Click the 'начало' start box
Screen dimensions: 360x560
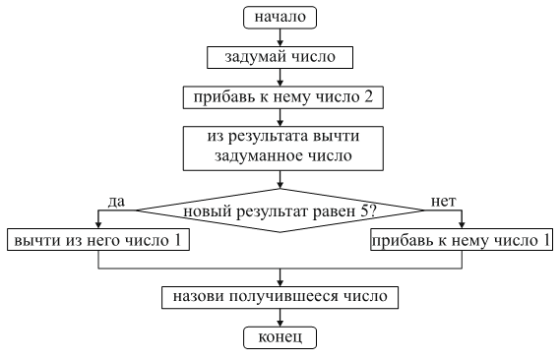point(281,17)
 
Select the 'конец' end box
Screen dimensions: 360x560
point(281,338)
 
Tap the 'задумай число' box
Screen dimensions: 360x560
point(281,57)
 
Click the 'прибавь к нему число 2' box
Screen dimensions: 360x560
point(281,96)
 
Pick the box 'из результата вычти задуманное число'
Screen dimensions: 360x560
point(281,146)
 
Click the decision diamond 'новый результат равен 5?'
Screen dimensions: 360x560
point(281,210)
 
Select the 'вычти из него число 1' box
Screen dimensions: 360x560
point(96,240)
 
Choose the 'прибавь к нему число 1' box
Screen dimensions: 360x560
point(463,240)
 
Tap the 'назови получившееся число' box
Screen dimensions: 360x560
point(281,295)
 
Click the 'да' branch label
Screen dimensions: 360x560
point(114,201)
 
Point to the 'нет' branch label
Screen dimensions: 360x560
point(444,201)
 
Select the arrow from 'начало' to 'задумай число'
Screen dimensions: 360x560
point(281,36)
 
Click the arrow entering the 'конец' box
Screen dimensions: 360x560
point(281,317)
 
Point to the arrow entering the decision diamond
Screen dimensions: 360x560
point(281,180)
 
